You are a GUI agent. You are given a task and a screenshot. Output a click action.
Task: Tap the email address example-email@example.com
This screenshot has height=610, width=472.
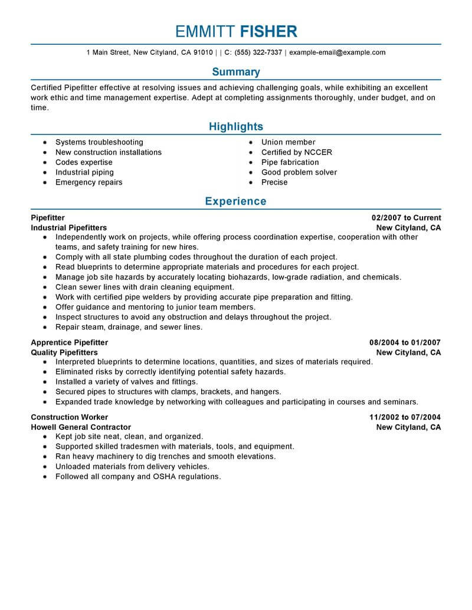(337, 52)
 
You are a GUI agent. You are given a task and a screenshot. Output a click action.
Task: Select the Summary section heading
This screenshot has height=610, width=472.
(236, 72)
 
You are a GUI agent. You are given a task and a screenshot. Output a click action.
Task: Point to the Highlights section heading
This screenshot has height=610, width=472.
(236, 127)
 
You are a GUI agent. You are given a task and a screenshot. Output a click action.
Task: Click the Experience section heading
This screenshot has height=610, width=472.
(236, 202)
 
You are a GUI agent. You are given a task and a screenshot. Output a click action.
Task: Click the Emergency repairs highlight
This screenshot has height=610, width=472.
(88, 183)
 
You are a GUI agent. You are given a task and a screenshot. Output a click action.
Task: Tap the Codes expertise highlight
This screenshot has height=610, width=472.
(84, 163)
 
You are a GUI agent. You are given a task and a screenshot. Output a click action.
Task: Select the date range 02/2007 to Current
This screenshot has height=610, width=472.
(406, 218)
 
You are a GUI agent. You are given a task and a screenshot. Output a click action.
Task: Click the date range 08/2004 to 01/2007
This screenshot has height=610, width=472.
(405, 342)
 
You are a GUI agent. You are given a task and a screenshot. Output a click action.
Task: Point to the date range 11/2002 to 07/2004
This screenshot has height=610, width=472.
(405, 417)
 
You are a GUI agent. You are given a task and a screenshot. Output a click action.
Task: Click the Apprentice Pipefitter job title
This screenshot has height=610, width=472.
(69, 342)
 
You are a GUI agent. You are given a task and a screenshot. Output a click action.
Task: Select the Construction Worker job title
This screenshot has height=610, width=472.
(69, 417)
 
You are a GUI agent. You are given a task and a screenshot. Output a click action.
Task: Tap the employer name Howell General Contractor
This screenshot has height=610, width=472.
(81, 427)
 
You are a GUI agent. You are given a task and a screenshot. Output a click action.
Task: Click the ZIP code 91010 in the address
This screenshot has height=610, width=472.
(202, 52)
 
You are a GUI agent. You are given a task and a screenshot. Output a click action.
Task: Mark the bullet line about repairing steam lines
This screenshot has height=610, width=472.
(129, 327)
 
